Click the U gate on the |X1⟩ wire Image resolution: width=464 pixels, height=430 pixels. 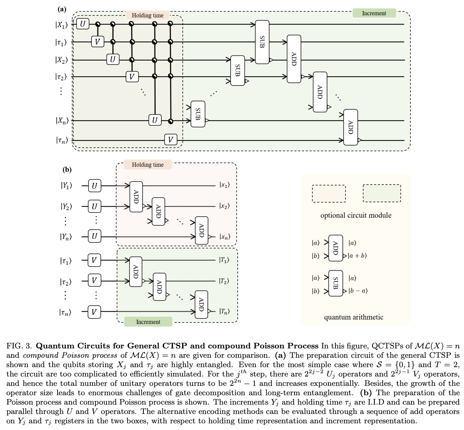[83, 24]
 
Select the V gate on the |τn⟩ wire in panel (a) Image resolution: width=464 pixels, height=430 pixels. [170, 139]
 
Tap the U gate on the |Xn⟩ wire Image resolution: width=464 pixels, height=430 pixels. [155, 120]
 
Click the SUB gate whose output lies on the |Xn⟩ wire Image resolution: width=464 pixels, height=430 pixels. [198, 114]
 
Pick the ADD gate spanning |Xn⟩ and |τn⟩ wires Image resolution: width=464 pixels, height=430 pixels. [351, 127]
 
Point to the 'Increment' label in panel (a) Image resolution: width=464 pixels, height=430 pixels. [374, 13]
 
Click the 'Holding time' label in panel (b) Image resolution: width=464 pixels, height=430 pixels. [148, 165]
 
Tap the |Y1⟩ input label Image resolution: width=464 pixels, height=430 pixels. [66, 186]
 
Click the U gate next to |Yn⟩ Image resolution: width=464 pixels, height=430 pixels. [94, 236]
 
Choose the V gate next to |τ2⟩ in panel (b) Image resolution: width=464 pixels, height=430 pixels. [94, 281]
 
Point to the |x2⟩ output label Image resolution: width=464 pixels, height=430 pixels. [224, 206]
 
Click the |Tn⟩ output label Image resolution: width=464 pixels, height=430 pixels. [224, 312]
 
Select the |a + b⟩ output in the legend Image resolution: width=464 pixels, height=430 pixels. [358, 256]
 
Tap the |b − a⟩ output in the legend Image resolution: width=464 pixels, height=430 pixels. [358, 291]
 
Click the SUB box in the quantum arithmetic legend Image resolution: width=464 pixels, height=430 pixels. [336, 283]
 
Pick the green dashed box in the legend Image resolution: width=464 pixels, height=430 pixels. [382, 193]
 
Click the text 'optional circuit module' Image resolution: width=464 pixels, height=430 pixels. [356, 215]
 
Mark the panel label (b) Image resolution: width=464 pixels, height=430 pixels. [67, 170]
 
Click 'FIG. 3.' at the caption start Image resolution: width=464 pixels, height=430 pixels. [19, 346]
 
